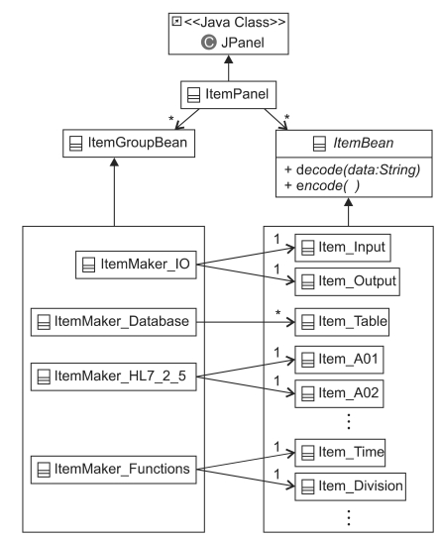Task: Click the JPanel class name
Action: [243, 43]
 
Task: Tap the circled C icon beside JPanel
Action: [209, 43]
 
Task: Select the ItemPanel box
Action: [228, 95]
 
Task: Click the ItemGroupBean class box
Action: [129, 143]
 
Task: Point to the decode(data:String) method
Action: [353, 169]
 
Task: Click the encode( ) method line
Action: [322, 185]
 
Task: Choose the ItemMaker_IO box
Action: [136, 265]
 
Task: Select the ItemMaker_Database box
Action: [114, 322]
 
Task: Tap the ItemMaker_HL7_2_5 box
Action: [114, 377]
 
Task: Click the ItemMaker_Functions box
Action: [114, 470]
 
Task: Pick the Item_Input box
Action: [343, 248]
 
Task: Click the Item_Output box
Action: [348, 281]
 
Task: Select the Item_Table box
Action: [342, 322]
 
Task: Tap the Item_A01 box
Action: [339, 360]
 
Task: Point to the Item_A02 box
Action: [339, 393]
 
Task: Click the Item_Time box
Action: [340, 453]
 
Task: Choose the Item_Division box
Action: [350, 486]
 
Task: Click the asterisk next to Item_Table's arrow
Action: [278, 313]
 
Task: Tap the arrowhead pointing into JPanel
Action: [229, 59]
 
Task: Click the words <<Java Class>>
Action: [235, 23]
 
